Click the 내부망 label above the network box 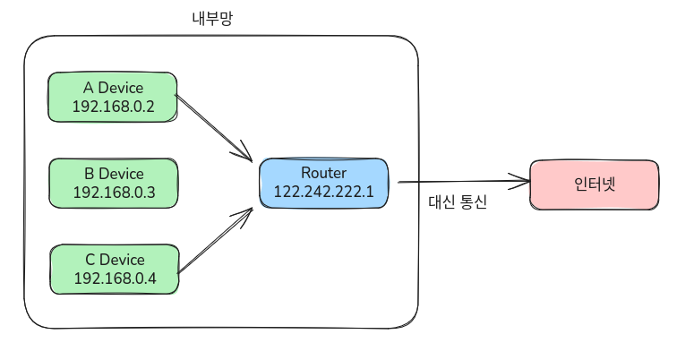[212, 18]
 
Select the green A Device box [113, 98]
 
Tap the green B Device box [113, 183]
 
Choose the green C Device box [113, 269]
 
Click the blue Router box [323, 184]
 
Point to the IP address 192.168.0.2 [114, 107]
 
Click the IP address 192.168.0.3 [114, 193]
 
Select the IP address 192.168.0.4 [115, 279]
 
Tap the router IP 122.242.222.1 [323, 193]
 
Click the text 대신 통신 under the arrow [458, 202]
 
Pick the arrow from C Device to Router [215, 240]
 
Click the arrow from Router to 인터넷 [457, 183]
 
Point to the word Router [323, 173]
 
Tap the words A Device [114, 88]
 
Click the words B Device [114, 173]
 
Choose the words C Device [115, 259]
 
